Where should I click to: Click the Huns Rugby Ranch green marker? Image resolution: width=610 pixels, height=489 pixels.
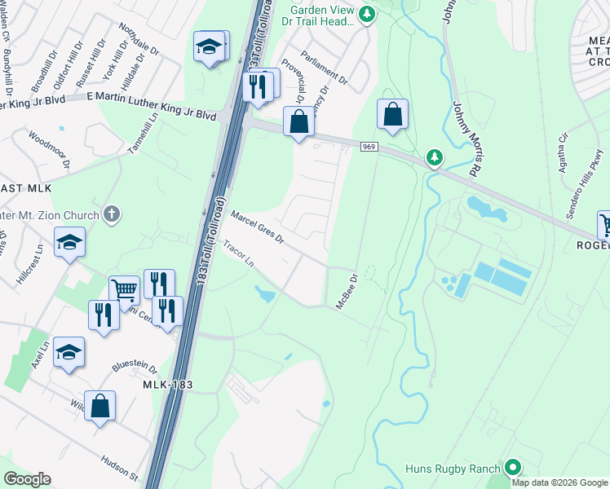512,467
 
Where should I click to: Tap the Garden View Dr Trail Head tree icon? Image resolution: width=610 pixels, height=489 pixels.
367,13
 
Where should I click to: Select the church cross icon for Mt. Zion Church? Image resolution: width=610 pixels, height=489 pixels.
113,215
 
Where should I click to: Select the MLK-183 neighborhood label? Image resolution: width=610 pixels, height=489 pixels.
167,384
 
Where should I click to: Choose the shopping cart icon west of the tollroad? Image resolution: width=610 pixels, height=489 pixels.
124,289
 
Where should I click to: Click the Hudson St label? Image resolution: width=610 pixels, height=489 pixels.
120,465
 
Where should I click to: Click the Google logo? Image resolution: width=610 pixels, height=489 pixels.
27,479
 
